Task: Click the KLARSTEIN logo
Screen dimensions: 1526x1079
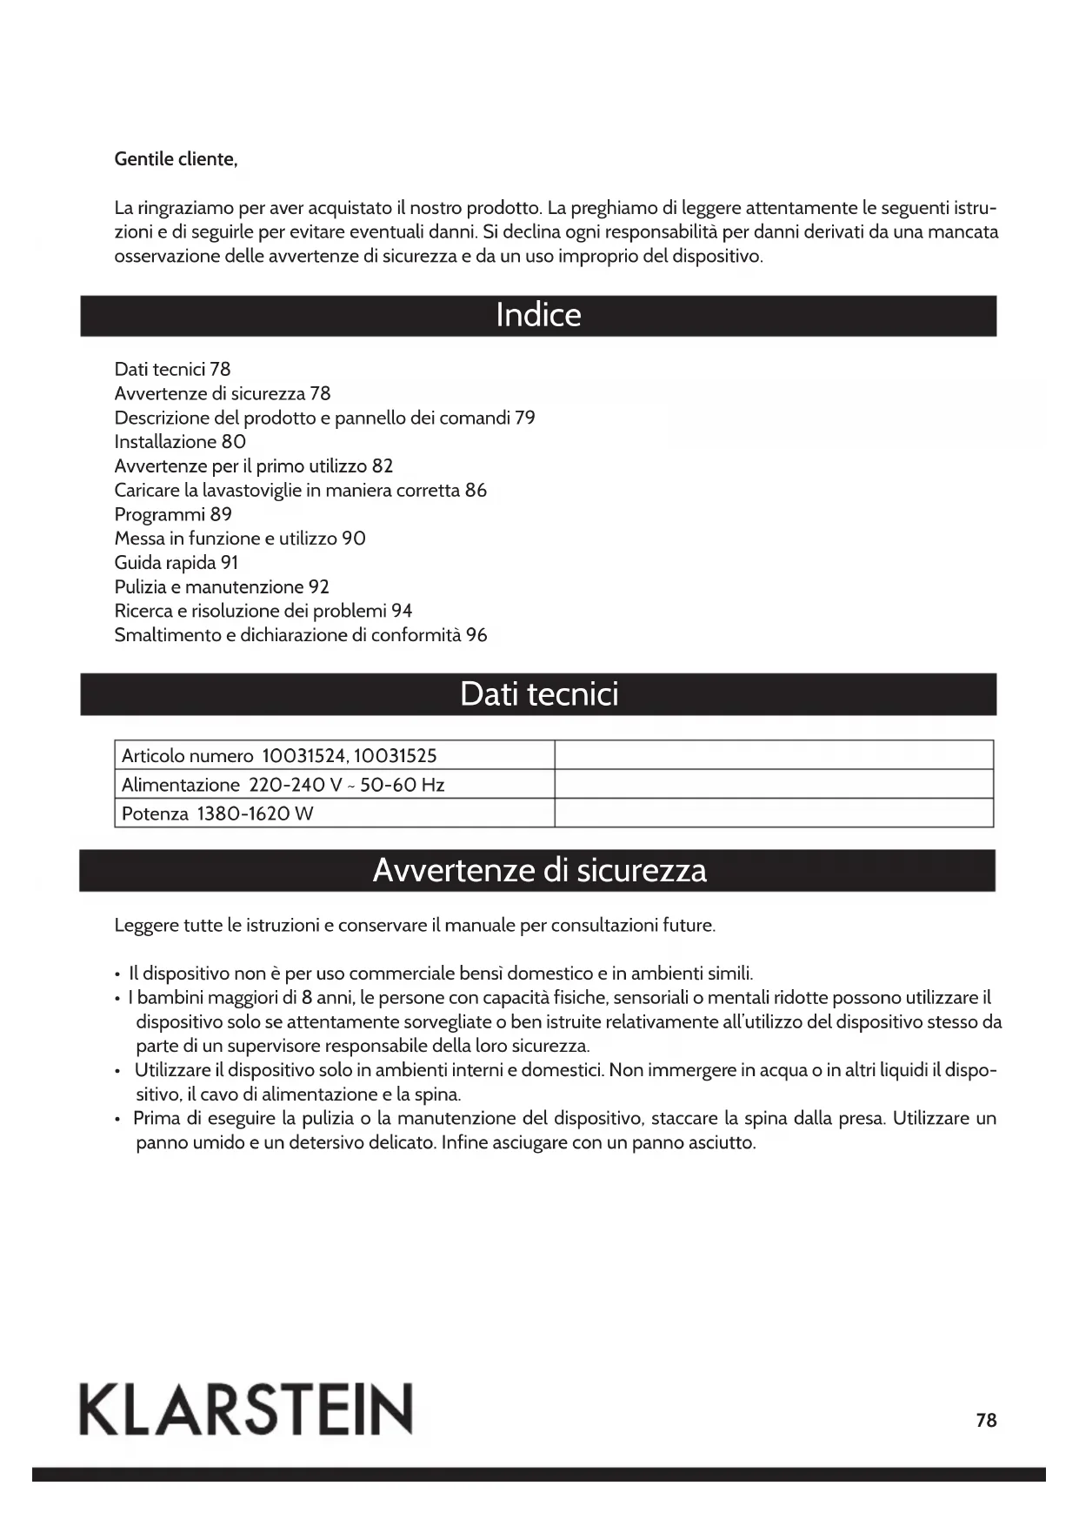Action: pos(247,1409)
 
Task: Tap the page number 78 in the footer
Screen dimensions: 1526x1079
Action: pos(986,1420)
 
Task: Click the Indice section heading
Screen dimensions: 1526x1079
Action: pos(538,315)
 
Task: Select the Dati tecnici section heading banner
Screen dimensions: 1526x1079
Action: pos(538,694)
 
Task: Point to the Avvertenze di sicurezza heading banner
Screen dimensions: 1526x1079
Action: pos(538,870)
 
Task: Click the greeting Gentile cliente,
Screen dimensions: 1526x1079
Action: pos(176,159)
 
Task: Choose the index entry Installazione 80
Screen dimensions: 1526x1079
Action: pos(180,441)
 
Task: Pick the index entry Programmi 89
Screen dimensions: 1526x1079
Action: pos(173,514)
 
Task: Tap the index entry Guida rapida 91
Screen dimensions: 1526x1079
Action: pos(176,563)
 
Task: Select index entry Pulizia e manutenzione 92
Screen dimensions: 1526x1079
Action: pos(222,587)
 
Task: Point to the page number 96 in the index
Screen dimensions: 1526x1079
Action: pos(476,635)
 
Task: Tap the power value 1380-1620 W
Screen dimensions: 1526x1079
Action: pos(255,814)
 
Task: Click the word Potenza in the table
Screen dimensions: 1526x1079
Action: pos(155,814)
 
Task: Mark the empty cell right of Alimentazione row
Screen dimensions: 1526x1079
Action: pos(774,785)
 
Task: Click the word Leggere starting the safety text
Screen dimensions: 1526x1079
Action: pos(146,925)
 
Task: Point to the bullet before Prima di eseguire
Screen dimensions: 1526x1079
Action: pos(117,1119)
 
